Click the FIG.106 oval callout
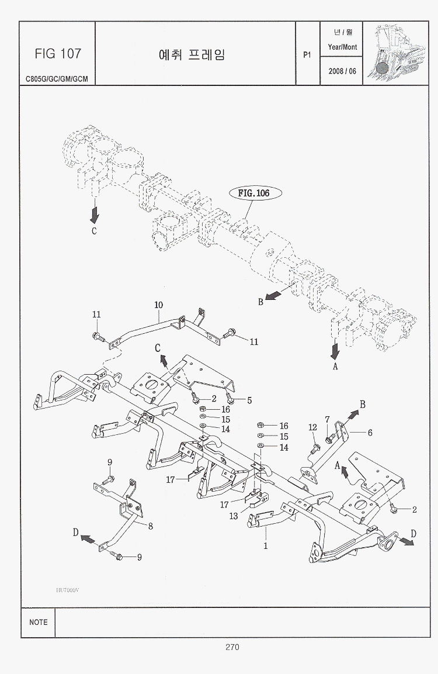tap(253, 193)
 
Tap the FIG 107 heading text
tap(57, 54)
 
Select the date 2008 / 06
tap(342, 71)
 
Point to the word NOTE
tap(39, 622)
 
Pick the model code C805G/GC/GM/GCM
tap(57, 78)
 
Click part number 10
tap(158, 305)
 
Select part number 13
tap(234, 516)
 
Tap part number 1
tap(266, 546)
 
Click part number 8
tap(151, 526)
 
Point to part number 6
tap(369, 433)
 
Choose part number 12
tap(312, 428)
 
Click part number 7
tap(327, 419)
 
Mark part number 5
tap(249, 400)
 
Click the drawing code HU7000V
tap(67, 590)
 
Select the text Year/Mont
tap(342, 47)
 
